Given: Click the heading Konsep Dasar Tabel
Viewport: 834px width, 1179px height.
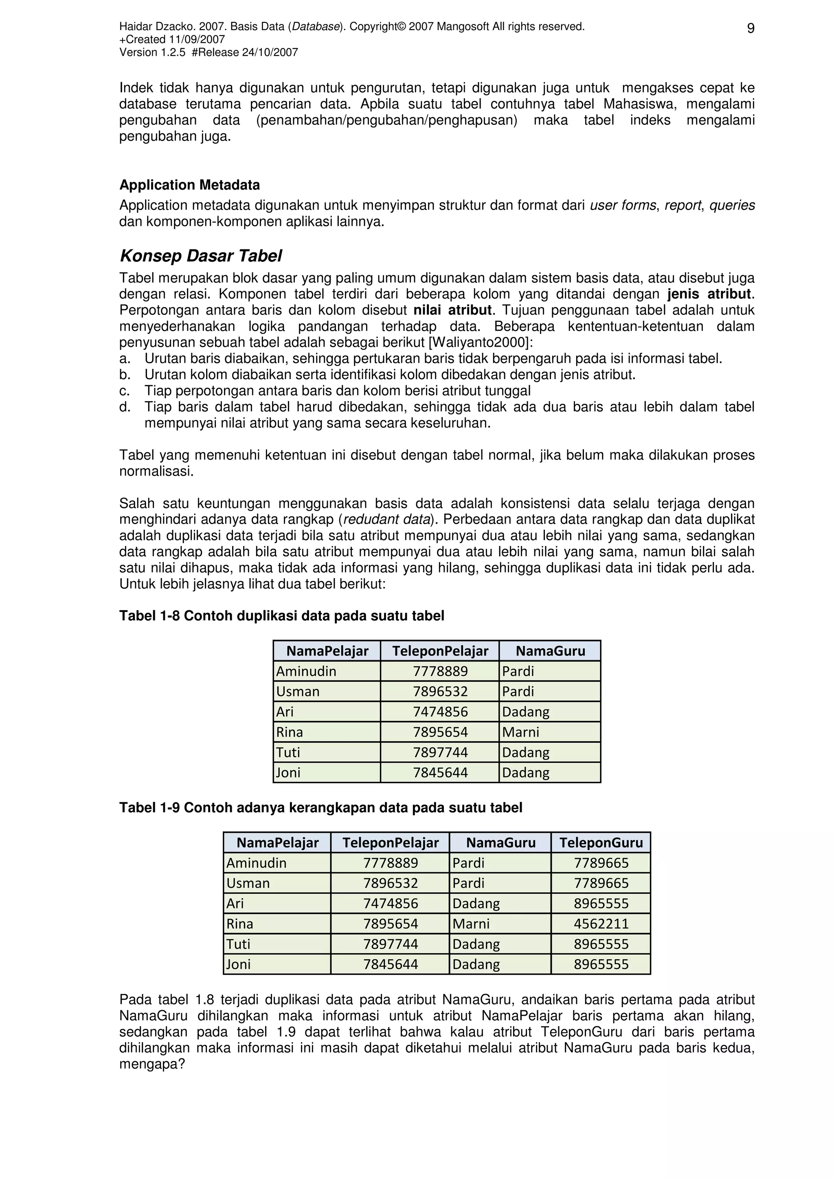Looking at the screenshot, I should coord(200,256).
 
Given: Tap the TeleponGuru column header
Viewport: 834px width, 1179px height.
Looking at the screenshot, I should coord(601,843).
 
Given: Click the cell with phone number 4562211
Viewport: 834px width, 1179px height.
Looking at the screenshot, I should coord(601,924).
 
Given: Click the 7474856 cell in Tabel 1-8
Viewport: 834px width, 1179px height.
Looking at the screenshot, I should coord(440,712).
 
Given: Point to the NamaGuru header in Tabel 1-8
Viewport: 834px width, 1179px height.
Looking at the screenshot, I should coord(550,651).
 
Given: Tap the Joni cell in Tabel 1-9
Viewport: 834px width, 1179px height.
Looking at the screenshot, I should coord(239,964).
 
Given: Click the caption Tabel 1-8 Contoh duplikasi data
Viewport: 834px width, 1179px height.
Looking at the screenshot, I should coord(281,616).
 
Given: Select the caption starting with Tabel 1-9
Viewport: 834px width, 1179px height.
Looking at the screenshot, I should coord(320,808).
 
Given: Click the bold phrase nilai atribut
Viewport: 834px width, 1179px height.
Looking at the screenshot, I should coord(452,310).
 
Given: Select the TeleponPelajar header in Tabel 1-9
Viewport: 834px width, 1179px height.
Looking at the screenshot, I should coord(390,843).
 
